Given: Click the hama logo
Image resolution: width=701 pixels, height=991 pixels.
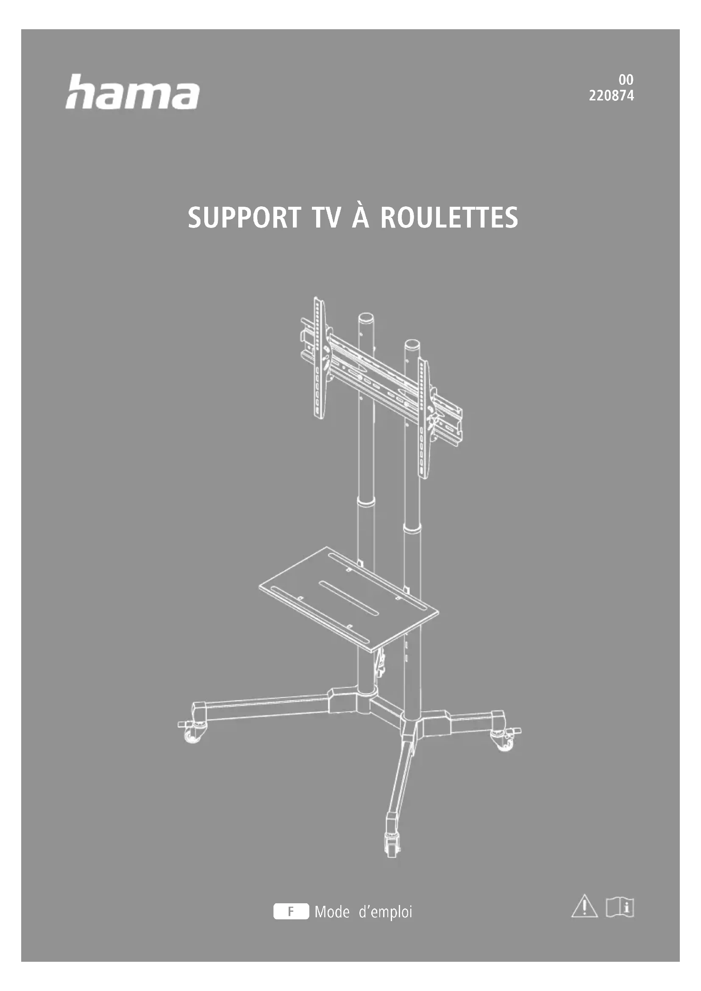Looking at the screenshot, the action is coord(133,92).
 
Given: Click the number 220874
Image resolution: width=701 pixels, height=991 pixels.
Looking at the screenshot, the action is coord(611,96).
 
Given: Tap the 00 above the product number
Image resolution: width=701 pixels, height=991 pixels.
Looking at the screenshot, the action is coord(626,80).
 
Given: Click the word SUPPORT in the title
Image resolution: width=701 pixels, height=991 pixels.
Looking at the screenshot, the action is coord(244,217).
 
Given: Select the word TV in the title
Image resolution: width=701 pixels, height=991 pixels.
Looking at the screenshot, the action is coord(326,217).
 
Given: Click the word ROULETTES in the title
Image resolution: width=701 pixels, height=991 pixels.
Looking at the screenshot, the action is coord(449,217).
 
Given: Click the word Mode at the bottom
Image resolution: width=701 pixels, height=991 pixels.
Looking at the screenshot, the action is coord(332,912).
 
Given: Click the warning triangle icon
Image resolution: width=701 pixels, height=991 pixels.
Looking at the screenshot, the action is coord(584,906).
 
